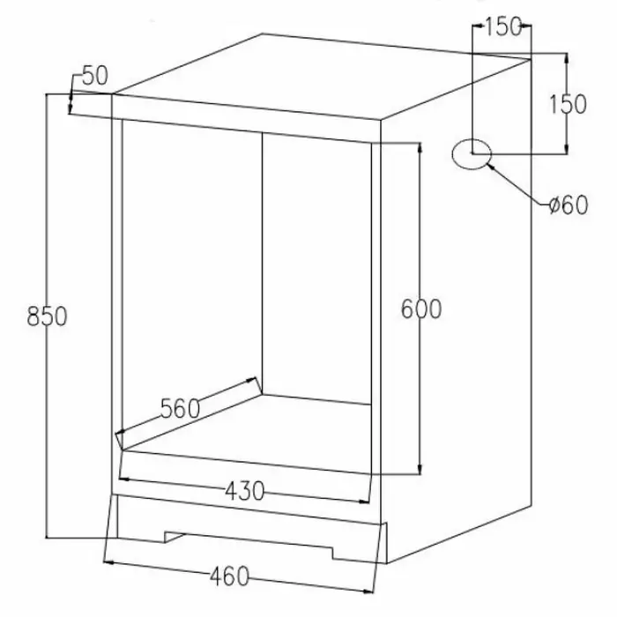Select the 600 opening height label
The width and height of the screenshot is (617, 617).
pos(420,309)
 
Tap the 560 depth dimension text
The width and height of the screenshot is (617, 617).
pos(181,408)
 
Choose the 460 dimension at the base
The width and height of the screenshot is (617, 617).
pos(229,576)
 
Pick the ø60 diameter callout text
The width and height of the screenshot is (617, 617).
pos(567,205)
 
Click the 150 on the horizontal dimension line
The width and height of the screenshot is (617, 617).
pos(502,27)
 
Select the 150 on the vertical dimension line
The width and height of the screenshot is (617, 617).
pos(568,104)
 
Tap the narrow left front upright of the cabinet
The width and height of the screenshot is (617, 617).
pos(116,291)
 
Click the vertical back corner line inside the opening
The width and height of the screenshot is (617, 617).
pos(264,264)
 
